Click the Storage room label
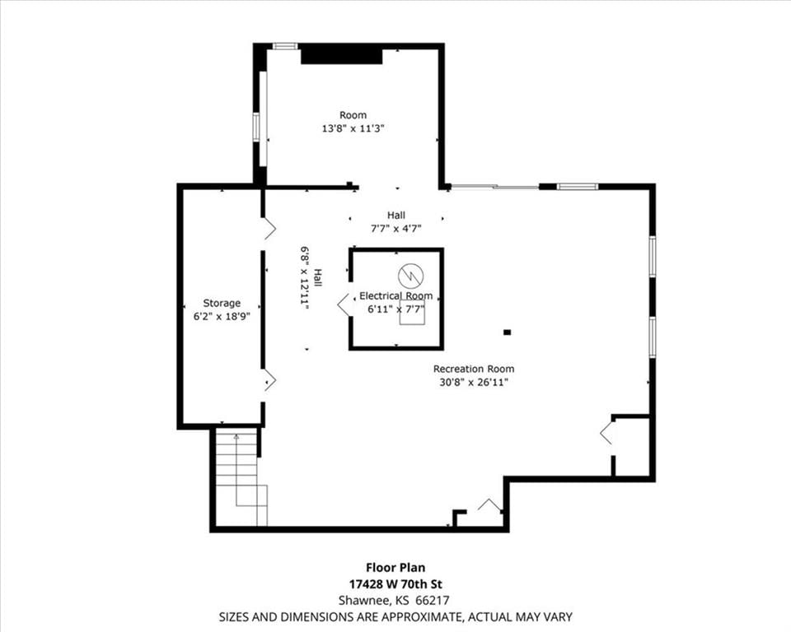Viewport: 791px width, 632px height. pyautogui.click(x=222, y=303)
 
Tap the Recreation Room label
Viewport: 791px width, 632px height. pyautogui.click(x=474, y=369)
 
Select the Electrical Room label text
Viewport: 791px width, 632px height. pyautogui.click(x=396, y=296)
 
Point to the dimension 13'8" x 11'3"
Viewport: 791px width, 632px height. pyautogui.click(x=353, y=128)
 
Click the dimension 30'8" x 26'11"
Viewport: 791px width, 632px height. pyautogui.click(x=474, y=382)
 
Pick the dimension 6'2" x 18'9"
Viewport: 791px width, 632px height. pyautogui.click(x=222, y=317)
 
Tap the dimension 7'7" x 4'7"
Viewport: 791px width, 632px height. pyautogui.click(x=396, y=228)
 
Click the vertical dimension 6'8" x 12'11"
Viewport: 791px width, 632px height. pyautogui.click(x=304, y=277)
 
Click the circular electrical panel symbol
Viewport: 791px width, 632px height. pyautogui.click(x=410, y=275)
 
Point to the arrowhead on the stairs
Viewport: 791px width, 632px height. pyautogui.click(x=236, y=436)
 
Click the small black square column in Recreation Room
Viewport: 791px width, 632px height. pyautogui.click(x=507, y=332)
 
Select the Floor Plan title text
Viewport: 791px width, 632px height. pyautogui.click(x=395, y=568)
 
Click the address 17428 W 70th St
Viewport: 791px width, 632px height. pyautogui.click(x=395, y=584)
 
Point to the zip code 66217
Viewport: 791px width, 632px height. pyautogui.click(x=433, y=600)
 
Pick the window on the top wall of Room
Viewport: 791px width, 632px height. pyautogui.click(x=285, y=46)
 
